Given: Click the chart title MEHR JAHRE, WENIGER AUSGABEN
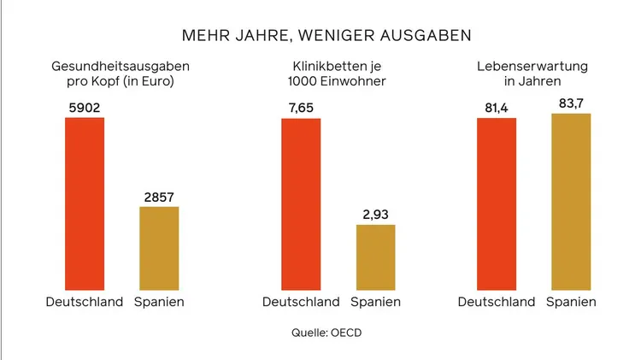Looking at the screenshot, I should click(x=326, y=36).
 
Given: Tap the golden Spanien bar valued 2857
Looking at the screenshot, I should click(x=159, y=248).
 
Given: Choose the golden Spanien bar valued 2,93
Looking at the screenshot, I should click(x=375, y=257).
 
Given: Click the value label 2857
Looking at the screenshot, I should click(x=159, y=198).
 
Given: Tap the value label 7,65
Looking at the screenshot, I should click(x=301, y=109).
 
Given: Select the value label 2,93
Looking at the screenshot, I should click(x=375, y=215).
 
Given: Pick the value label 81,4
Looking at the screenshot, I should click(x=497, y=109).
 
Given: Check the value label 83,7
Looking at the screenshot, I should click(x=571, y=103).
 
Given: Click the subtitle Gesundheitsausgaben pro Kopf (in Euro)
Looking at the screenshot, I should click(x=120, y=74).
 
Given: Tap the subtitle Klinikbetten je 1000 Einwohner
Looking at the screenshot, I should click(x=337, y=74).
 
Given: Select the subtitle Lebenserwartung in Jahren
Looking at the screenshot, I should click(x=532, y=74).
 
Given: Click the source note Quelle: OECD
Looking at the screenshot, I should click(x=326, y=333).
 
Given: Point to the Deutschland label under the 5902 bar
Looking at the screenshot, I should click(x=85, y=302).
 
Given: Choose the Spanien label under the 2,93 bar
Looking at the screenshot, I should click(x=375, y=302).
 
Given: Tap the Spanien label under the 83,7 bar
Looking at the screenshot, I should click(x=571, y=302).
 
